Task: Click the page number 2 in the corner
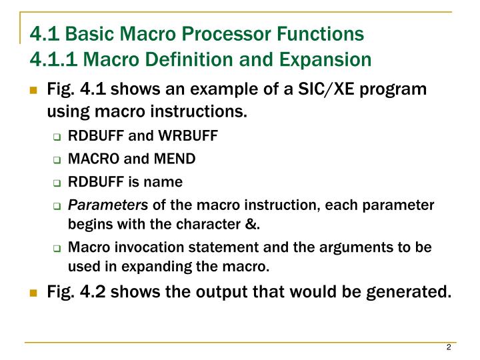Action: tap(449, 348)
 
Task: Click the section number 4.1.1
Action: tap(54, 59)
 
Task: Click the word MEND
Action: tap(175, 159)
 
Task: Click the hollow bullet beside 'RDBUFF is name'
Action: tap(57, 183)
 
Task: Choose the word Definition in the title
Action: tap(180, 59)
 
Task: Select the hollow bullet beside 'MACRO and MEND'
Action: tap(57, 160)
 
